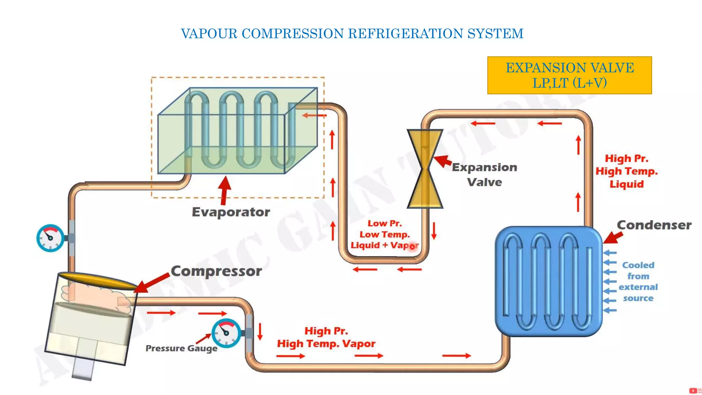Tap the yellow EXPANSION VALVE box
569,75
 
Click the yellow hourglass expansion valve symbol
425,169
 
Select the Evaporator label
231,212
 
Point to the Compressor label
216,271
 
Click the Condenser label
654,225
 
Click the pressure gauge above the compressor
50,238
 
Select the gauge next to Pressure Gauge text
226,333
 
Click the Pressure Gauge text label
181,348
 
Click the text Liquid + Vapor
384,246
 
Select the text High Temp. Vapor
326,344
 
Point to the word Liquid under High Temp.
627,184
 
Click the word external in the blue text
638,287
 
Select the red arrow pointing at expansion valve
443,161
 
